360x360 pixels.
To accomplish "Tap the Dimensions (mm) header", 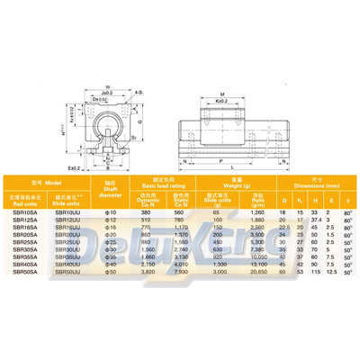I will (310, 184).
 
